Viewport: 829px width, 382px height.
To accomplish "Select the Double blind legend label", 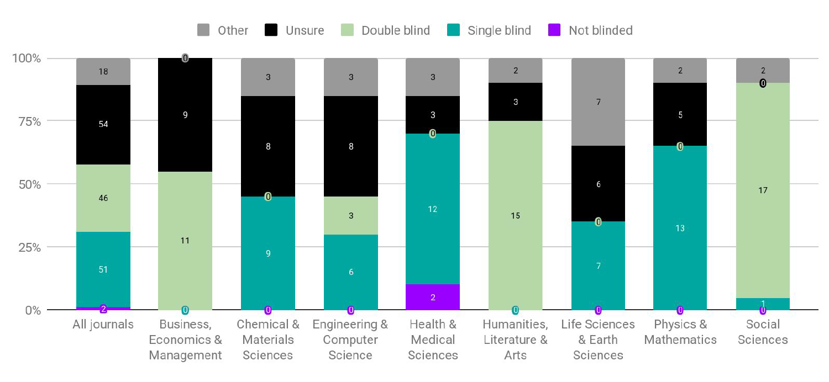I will [x=395, y=30].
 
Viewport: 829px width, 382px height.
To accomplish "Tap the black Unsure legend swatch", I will [x=271, y=30].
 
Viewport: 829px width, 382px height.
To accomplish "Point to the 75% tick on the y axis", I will [x=27, y=121].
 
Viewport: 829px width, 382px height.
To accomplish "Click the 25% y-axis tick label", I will [x=27, y=247].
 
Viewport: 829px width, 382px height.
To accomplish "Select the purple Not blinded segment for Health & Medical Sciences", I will [x=432, y=297].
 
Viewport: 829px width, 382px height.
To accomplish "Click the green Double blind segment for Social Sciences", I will [x=763, y=190].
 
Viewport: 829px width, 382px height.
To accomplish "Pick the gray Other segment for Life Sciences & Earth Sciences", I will [x=598, y=102].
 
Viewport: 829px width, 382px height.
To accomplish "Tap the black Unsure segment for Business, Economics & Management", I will [x=185, y=115].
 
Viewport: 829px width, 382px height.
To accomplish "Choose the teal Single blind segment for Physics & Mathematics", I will [x=680, y=228].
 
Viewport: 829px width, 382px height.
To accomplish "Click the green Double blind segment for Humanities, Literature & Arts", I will [x=515, y=215].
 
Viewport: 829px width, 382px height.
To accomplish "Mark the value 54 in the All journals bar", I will [x=103, y=124].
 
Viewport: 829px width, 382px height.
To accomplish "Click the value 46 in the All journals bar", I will [x=103, y=198].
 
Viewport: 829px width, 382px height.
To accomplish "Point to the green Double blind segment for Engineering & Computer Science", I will [x=350, y=216].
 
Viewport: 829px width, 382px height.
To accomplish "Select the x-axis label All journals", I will [x=103, y=325].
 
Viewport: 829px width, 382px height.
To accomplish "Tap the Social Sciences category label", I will [x=763, y=332].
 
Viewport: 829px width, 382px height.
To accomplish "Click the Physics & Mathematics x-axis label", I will [x=680, y=332].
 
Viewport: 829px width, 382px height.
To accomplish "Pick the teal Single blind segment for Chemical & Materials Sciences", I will [x=268, y=253].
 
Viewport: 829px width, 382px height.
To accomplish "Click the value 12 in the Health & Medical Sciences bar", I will [x=432, y=209].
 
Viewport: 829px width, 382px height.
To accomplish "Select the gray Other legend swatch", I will [x=203, y=30].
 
